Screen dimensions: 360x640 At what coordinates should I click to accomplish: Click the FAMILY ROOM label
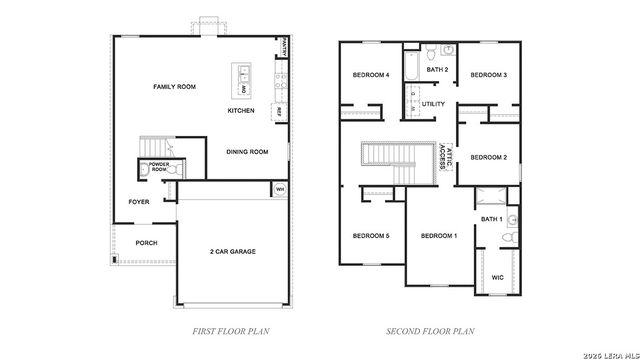(174, 87)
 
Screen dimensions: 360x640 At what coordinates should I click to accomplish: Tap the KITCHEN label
(241, 110)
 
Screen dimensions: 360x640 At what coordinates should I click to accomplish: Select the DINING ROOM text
(247, 152)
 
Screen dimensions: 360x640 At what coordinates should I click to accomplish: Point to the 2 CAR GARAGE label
(232, 251)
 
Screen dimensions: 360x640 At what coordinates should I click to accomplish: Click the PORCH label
(146, 242)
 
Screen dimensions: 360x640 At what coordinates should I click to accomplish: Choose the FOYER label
(139, 202)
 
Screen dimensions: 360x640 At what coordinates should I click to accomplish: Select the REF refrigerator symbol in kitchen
(278, 111)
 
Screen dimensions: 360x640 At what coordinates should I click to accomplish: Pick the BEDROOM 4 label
(370, 75)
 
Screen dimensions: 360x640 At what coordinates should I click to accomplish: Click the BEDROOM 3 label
(489, 75)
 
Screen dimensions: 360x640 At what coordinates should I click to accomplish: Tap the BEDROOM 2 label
(489, 157)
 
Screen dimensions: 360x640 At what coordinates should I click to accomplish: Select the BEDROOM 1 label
(438, 235)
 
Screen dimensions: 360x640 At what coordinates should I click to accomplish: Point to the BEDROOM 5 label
(370, 235)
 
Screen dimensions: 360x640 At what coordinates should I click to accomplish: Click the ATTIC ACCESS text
(443, 157)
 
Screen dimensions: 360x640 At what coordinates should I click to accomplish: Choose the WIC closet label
(497, 278)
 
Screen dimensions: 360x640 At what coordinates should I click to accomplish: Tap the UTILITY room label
(433, 103)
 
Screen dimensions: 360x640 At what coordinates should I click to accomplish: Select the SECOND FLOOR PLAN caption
(430, 329)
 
